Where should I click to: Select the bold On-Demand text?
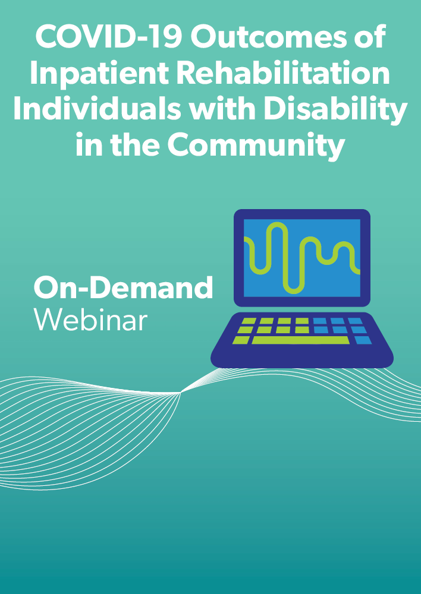(123, 287)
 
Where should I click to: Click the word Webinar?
(90, 320)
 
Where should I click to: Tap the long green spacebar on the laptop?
(300, 340)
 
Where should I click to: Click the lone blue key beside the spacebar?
(363, 340)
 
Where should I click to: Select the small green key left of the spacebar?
(240, 340)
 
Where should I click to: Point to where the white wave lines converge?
(180, 393)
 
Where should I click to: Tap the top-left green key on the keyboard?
(249, 321)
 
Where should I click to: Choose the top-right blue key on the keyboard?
(355, 321)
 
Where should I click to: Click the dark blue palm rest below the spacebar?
(301, 356)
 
